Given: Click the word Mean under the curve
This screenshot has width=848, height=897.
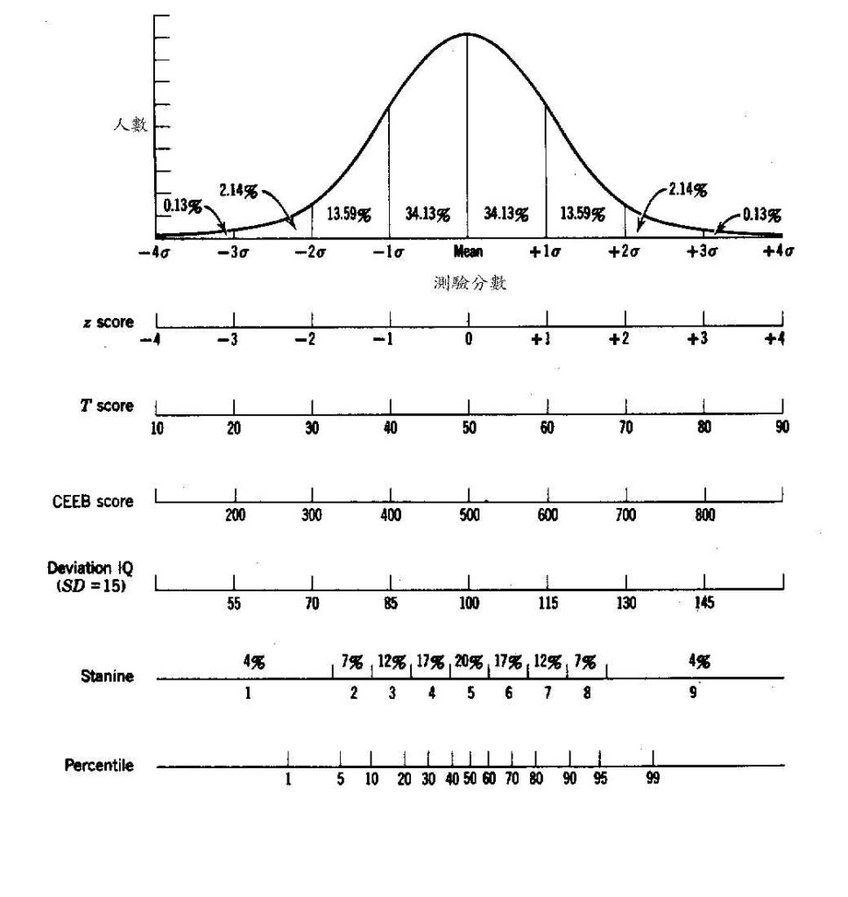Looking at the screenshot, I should point(469,252).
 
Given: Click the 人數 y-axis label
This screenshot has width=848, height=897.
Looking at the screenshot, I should point(130,125).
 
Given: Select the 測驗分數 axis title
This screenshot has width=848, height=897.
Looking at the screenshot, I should point(470,284).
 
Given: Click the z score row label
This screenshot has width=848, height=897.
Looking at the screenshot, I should point(104,322).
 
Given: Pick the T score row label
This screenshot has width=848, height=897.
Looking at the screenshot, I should point(108,406).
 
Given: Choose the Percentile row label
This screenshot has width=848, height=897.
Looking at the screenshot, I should point(99,765).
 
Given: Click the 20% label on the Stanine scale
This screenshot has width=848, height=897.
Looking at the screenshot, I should point(469,662).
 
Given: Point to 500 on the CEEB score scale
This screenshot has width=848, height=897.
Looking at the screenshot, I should point(469,516).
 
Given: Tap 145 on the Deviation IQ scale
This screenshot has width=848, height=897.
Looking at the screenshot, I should point(704,603).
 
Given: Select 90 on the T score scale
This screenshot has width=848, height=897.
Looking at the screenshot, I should point(781,427).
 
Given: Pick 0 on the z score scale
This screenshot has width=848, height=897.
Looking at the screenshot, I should point(469,340).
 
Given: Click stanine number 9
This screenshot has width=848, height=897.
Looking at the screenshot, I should point(692,693).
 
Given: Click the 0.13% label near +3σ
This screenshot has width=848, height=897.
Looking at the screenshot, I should point(762,214).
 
